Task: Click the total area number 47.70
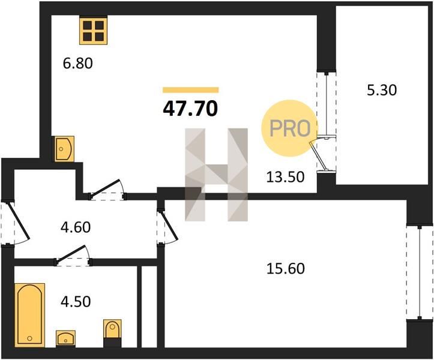point(190,109)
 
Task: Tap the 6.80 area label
point(78,64)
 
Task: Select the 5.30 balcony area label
point(382,90)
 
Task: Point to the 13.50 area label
point(285,177)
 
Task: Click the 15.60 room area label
point(285,268)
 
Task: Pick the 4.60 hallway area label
point(76,227)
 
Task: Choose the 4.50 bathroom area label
point(76,302)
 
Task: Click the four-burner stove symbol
point(93,31)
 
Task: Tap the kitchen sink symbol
point(64,149)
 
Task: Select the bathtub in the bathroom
point(29,315)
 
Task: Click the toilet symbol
point(112,333)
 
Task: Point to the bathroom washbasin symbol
point(65,338)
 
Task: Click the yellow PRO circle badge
point(289,128)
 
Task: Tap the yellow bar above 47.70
point(191,90)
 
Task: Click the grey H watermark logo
point(217,175)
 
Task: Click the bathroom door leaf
point(71,253)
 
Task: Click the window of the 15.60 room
point(420,272)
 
